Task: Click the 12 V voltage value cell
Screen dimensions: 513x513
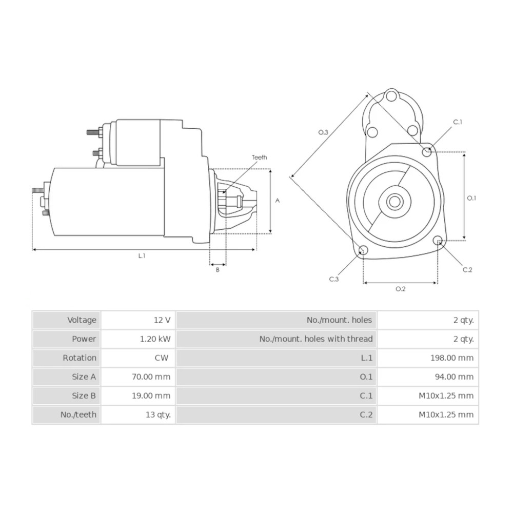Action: [162, 320]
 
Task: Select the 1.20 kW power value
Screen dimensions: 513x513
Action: [156, 339]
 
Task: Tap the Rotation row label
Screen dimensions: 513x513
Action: [80, 358]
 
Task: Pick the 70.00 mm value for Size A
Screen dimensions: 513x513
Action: [152, 377]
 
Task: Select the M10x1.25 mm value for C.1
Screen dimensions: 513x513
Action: [446, 396]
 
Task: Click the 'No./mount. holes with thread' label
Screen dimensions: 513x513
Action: [316, 339]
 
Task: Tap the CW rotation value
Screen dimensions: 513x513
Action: [161, 358]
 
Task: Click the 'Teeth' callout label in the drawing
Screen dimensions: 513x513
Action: [259, 157]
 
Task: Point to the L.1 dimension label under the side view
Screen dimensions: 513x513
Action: [142, 256]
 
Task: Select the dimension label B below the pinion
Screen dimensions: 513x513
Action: [218, 270]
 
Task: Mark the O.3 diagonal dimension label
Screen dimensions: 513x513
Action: [323, 132]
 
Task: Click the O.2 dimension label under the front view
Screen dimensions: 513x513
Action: [400, 289]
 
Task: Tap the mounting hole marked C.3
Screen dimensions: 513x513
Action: [363, 250]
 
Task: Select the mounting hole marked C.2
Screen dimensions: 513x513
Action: [438, 241]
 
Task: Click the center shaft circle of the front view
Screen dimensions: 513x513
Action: [394, 201]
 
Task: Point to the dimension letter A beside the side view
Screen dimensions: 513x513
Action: [278, 201]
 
